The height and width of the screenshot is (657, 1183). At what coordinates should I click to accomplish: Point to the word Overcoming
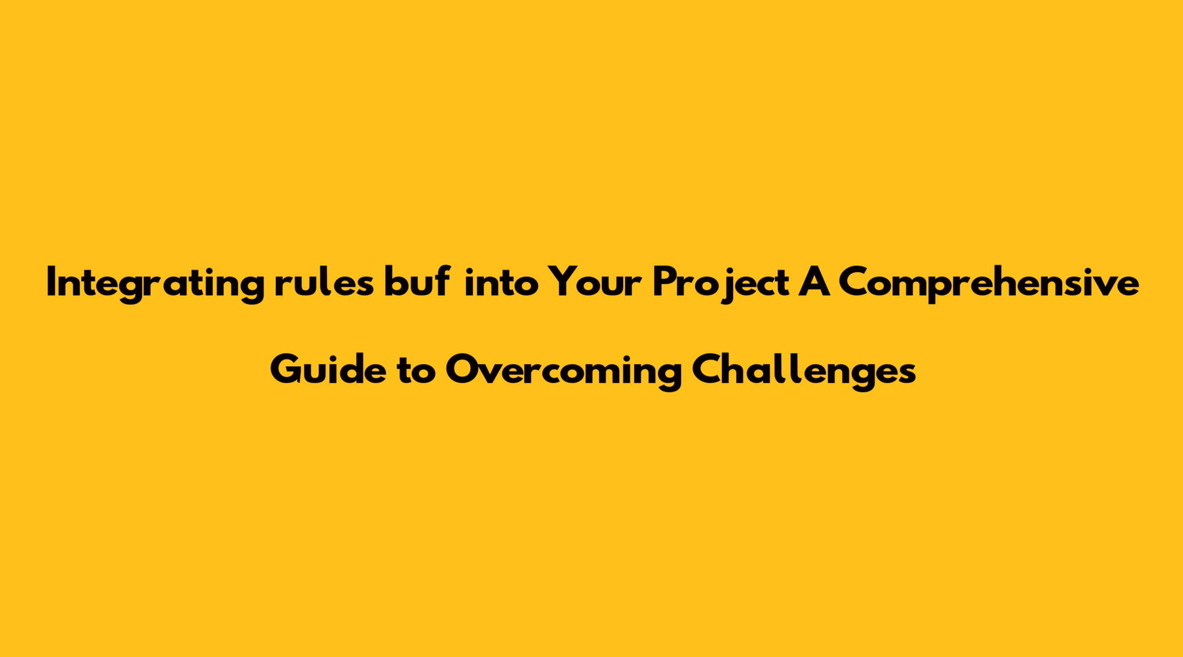tap(563, 372)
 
